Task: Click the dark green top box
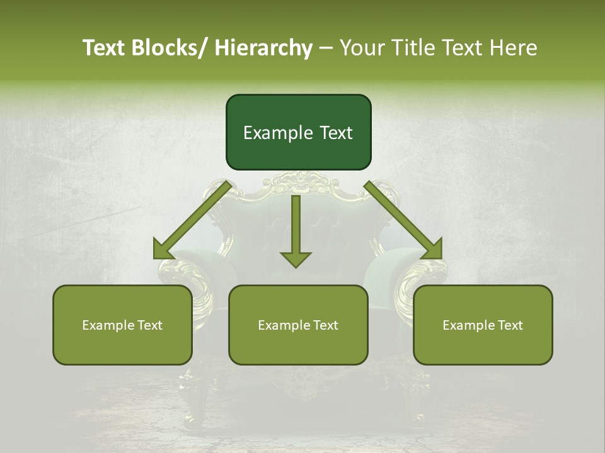(298, 132)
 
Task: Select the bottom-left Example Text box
(122, 325)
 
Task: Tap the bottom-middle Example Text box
(298, 325)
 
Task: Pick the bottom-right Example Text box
(483, 325)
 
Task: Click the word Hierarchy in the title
(263, 48)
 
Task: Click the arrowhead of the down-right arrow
(432, 249)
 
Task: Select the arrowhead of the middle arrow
(296, 259)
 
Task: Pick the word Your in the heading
(360, 48)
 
